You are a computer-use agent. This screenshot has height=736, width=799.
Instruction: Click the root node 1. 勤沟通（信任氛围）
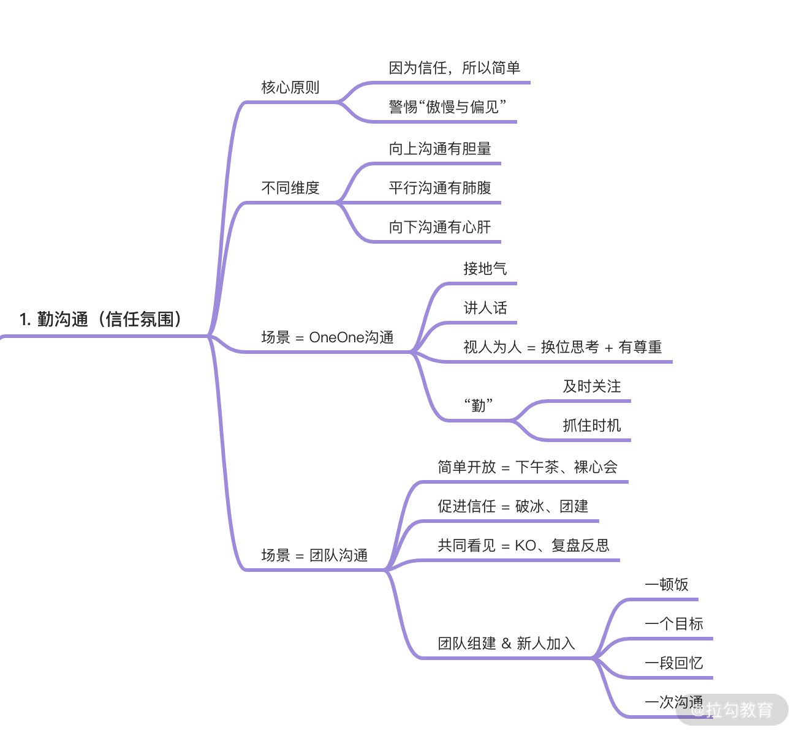(100, 319)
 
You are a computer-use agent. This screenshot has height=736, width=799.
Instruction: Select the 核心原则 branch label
(290, 88)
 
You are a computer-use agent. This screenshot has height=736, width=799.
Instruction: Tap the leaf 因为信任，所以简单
(454, 68)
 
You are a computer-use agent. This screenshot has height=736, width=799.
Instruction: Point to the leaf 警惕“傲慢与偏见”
(447, 107)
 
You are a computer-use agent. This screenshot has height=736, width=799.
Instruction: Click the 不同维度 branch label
(290, 188)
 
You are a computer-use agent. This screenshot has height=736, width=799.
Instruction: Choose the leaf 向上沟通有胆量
(440, 149)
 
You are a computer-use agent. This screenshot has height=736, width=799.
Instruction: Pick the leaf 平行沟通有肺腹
(440, 188)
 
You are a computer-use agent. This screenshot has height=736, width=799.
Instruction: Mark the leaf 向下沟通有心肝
(440, 227)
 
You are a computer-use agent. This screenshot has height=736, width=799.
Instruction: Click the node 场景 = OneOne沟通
(327, 337)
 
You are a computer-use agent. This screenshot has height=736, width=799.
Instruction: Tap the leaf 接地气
(485, 269)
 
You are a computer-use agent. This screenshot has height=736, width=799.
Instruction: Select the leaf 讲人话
(485, 308)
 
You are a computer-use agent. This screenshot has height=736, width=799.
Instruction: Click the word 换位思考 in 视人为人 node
(570, 347)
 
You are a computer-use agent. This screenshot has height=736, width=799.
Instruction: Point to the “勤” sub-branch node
(479, 405)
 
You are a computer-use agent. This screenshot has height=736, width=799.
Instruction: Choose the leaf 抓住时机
(591, 426)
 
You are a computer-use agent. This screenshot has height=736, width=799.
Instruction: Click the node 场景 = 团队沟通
(314, 555)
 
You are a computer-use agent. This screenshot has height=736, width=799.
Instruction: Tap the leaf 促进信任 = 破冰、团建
(513, 506)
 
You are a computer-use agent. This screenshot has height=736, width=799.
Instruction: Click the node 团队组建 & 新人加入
(506, 644)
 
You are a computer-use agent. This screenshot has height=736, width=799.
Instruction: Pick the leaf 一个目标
(673, 624)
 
